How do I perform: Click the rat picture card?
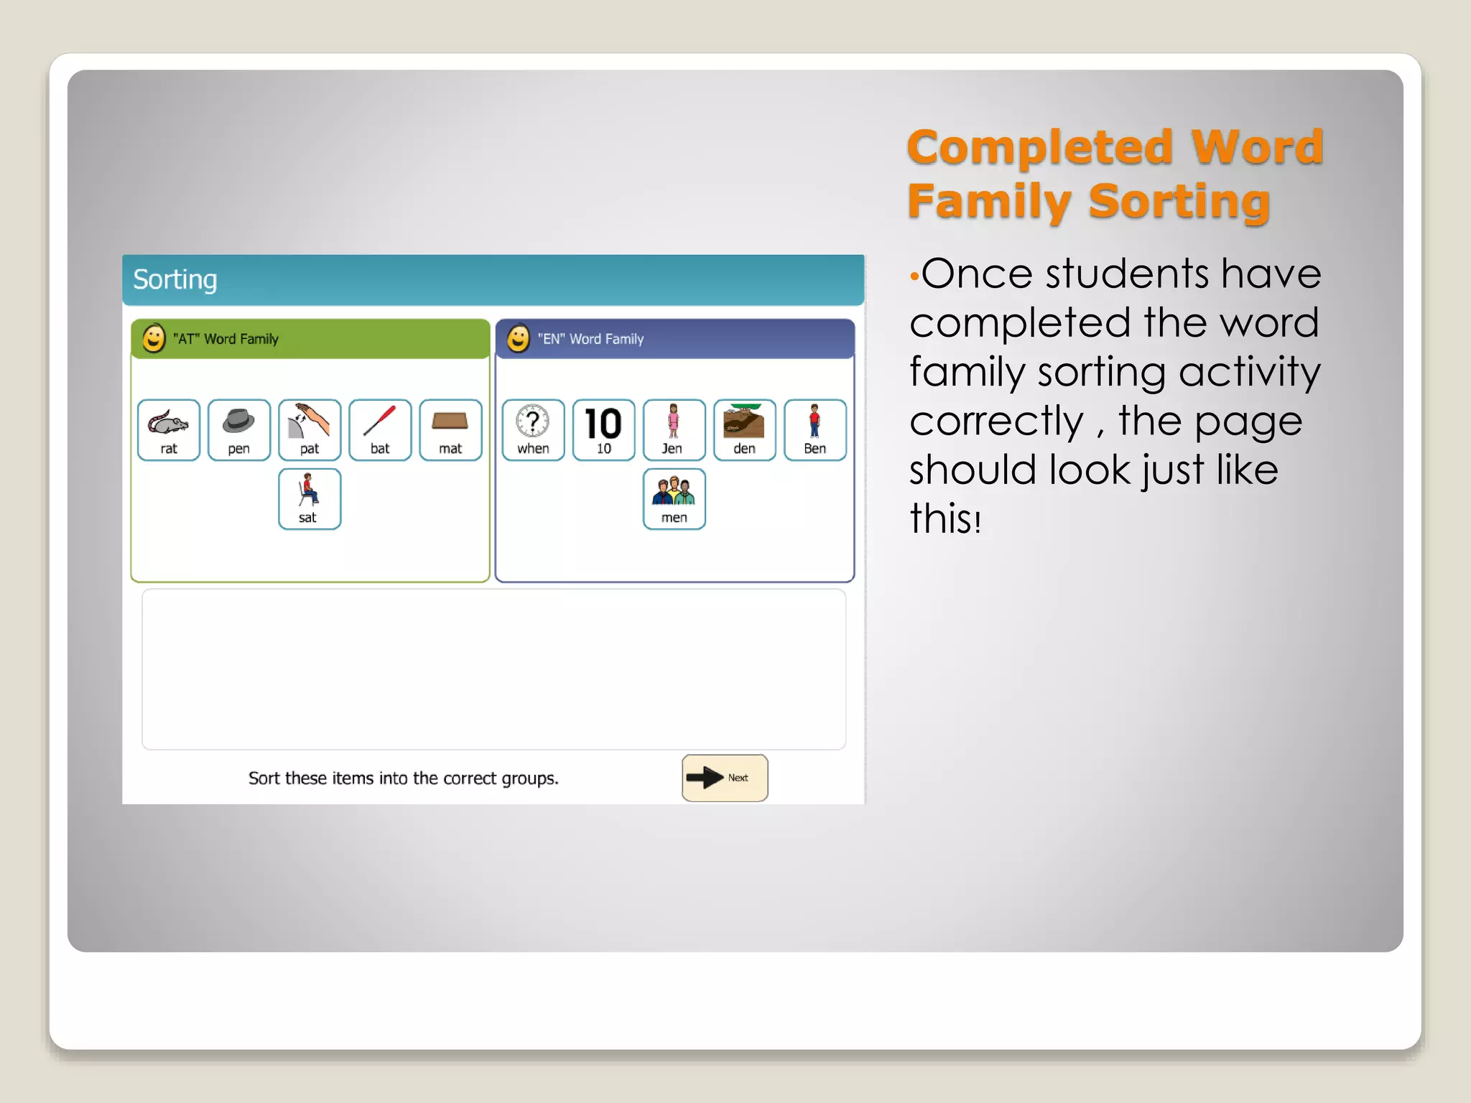(x=168, y=429)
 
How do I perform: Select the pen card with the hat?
(x=238, y=429)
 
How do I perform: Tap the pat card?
(x=309, y=429)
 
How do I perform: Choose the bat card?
(x=379, y=429)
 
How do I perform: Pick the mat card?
(x=450, y=429)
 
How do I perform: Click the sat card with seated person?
(x=309, y=499)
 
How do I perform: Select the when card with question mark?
(x=533, y=429)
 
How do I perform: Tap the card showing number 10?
(x=603, y=429)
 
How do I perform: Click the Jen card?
(x=674, y=429)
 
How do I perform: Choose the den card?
(x=744, y=429)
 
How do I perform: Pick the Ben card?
(x=815, y=429)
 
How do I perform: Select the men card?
(x=674, y=499)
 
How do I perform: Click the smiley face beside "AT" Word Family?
(x=154, y=338)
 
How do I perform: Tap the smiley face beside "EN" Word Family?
(x=518, y=338)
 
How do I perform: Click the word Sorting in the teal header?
(x=175, y=279)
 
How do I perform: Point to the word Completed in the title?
(x=1039, y=147)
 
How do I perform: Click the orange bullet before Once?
(x=914, y=276)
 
